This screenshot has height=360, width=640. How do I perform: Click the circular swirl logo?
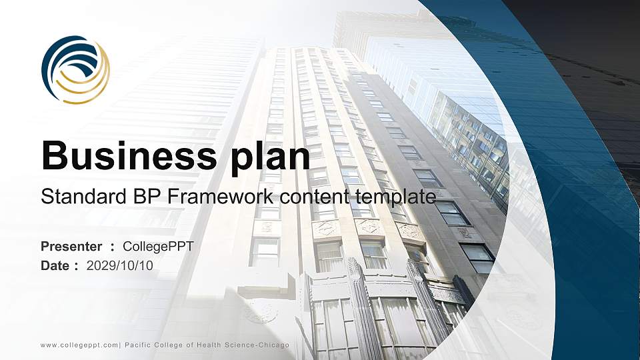pyautogui.click(x=75, y=69)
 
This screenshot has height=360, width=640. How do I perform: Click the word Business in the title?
pyautogui.click(x=125, y=156)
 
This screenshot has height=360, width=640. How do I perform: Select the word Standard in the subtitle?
pyautogui.click(x=74, y=197)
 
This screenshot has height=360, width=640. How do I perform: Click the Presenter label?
pyautogui.click(x=71, y=247)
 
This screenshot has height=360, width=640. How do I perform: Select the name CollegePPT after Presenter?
pyautogui.click(x=159, y=247)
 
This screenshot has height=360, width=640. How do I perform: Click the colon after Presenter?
pyautogui.click(x=112, y=247)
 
